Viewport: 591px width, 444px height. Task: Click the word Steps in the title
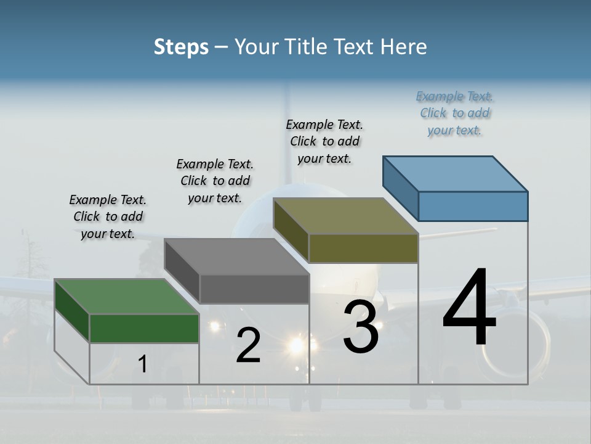pyautogui.click(x=181, y=47)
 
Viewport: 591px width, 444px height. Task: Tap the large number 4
pyautogui.click(x=469, y=308)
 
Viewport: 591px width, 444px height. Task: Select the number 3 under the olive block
pyautogui.click(x=360, y=327)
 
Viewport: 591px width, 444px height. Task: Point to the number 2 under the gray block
pyautogui.click(x=248, y=346)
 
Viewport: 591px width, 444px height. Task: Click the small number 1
pyautogui.click(x=143, y=364)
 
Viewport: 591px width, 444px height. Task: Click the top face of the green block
pyautogui.click(x=126, y=297)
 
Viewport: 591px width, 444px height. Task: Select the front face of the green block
pyautogui.click(x=144, y=328)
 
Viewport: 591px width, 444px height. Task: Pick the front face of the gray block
pyautogui.click(x=254, y=289)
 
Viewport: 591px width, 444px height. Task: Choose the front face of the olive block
pyautogui.click(x=363, y=248)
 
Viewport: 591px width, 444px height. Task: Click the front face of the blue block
pyautogui.click(x=473, y=206)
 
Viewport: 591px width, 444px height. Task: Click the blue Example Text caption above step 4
pyautogui.click(x=454, y=113)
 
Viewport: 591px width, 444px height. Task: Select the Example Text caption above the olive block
pyautogui.click(x=324, y=141)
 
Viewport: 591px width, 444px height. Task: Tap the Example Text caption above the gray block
pyautogui.click(x=215, y=181)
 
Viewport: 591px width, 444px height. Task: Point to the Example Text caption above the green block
pyautogui.click(x=108, y=216)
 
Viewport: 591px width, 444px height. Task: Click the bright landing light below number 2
pyautogui.click(x=297, y=345)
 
